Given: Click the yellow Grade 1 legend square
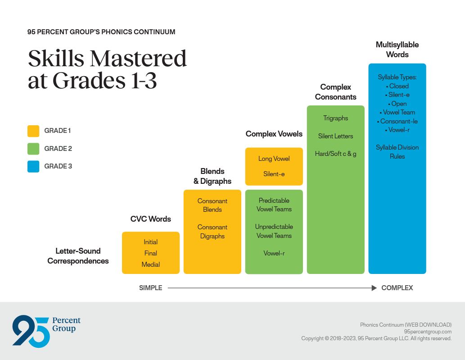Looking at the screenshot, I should click(x=33, y=131).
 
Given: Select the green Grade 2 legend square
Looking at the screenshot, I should click(x=33, y=149).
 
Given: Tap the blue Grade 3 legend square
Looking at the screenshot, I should click(x=33, y=166).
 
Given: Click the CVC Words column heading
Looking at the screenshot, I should click(x=150, y=219).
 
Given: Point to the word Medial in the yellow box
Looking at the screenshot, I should click(x=150, y=264).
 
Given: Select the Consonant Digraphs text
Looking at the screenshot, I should click(x=212, y=232).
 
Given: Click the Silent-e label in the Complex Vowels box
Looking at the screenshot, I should click(x=274, y=174).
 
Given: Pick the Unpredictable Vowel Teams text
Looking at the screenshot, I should click(x=274, y=231).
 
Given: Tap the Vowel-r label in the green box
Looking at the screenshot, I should click(x=274, y=253).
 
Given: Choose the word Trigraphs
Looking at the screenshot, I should click(x=335, y=118).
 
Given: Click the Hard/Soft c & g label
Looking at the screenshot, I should click(x=335, y=154).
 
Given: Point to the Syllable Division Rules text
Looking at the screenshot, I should click(x=397, y=152).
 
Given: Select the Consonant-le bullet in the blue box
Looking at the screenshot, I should click(x=397, y=121).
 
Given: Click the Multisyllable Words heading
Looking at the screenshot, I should click(x=397, y=50).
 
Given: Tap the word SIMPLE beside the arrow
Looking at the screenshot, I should click(x=150, y=288).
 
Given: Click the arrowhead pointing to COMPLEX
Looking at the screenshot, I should click(x=374, y=288).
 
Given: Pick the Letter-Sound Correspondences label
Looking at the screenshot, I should click(x=78, y=256).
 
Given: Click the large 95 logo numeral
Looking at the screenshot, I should click(x=31, y=331).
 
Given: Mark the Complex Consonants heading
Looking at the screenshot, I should click(x=335, y=92).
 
